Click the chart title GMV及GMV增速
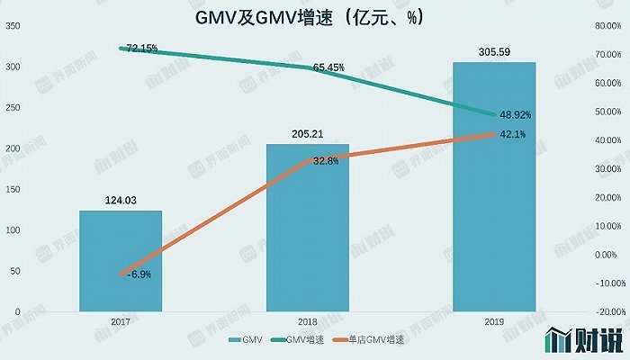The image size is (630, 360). [314, 17]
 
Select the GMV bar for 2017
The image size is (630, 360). [121, 261]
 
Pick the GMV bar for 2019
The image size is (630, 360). [493, 189]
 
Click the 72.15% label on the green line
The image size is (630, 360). [139, 47]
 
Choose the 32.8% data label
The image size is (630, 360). [326, 161]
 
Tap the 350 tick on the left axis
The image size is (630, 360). [13, 26]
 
